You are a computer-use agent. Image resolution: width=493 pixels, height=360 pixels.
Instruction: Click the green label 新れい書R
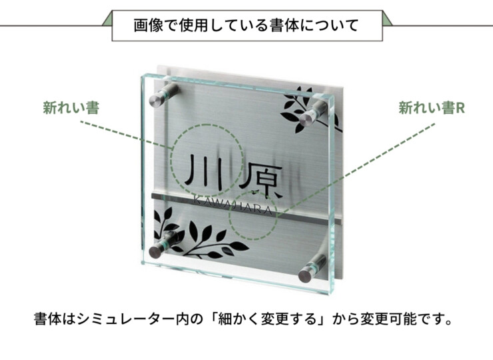(432, 108)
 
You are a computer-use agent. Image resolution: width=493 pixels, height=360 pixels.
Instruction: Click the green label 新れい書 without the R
(71, 108)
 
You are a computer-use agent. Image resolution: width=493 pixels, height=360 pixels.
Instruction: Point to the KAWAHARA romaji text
(232, 204)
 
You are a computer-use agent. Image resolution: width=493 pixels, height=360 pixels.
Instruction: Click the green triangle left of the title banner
(108, 19)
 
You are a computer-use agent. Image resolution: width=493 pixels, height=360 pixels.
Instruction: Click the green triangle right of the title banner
(386, 19)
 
